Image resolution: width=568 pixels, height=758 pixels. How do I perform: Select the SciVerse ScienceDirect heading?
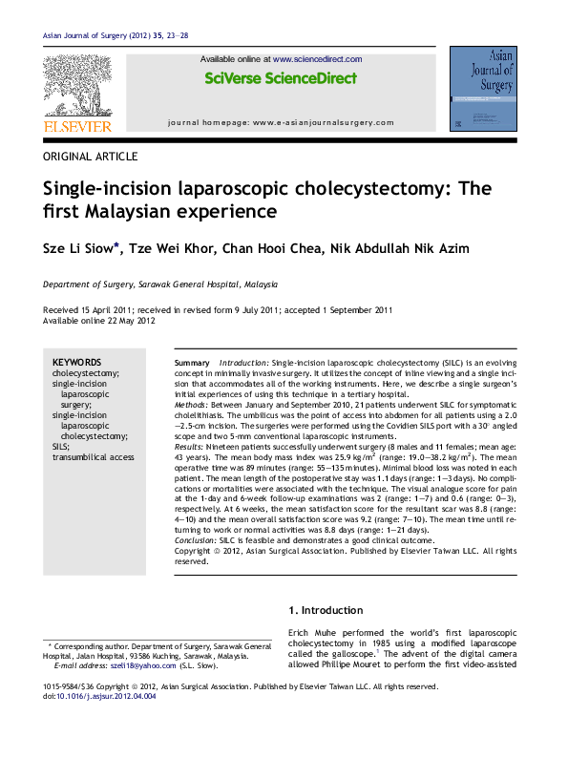[x=280, y=78]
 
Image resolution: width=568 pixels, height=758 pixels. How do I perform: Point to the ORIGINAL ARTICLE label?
[x=91, y=157]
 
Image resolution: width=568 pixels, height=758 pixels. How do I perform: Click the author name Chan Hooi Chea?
[x=265, y=249]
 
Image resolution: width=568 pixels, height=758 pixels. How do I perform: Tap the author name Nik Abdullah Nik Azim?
[x=392, y=249]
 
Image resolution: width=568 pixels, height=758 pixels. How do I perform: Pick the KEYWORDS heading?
[x=76, y=363]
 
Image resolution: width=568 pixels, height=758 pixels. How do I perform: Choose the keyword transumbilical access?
[x=94, y=457]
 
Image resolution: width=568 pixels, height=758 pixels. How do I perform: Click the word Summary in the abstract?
[x=192, y=365]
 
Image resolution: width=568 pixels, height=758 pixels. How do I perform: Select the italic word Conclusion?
[x=199, y=539]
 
